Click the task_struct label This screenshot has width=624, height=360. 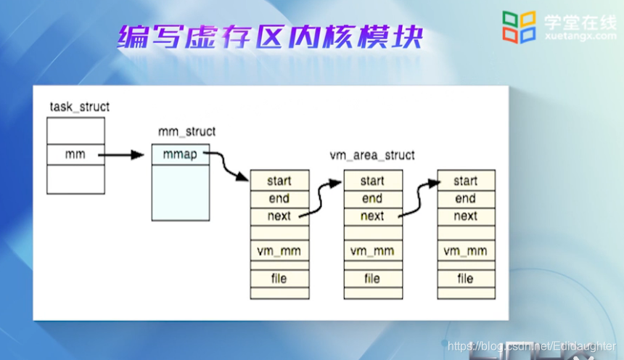pos(80,107)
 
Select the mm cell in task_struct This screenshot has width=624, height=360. pos(75,155)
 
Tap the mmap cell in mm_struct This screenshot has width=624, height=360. pos(181,155)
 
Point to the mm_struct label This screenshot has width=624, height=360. pos(187,131)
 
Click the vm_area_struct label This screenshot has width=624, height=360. pos(372,155)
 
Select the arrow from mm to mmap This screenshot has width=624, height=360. pos(120,155)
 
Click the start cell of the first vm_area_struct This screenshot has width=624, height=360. pos(279,181)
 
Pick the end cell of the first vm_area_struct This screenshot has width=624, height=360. pos(279,198)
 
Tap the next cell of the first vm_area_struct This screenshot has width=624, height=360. pos(279,216)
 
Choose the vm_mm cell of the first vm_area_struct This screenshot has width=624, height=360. pos(279,251)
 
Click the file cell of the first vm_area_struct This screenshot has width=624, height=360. pos(279,278)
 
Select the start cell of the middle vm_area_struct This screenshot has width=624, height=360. pos(372,181)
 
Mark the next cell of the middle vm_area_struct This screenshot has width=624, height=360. pos(372,216)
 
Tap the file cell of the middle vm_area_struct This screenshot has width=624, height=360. pos(372,278)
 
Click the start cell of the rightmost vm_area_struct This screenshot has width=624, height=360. pos(466,181)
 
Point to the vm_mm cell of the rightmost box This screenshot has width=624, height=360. pos(466,251)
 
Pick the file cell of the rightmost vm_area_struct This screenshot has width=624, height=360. pos(466,278)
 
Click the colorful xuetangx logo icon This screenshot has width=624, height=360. pos(519,27)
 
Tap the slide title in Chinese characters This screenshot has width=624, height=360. pos(270,37)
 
